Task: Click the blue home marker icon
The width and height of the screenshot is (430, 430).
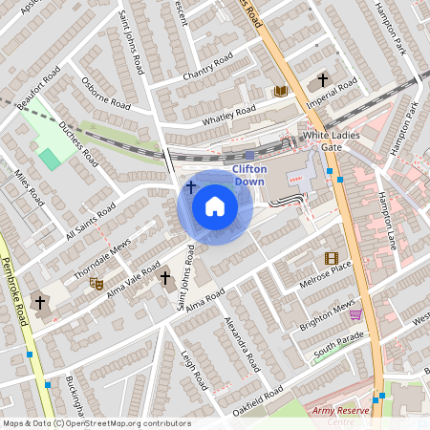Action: point(215,205)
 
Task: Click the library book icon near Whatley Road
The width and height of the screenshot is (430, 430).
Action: point(280,91)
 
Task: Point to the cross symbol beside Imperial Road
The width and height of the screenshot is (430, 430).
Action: point(323,80)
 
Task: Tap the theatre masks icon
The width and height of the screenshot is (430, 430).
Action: point(96,283)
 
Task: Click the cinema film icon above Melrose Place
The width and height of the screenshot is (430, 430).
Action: point(331,258)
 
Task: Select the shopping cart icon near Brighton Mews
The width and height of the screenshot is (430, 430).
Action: point(355,313)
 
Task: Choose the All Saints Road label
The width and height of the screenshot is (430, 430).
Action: point(87,222)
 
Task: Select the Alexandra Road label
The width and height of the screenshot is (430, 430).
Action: point(242,343)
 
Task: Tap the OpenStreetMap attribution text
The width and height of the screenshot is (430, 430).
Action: point(97,423)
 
